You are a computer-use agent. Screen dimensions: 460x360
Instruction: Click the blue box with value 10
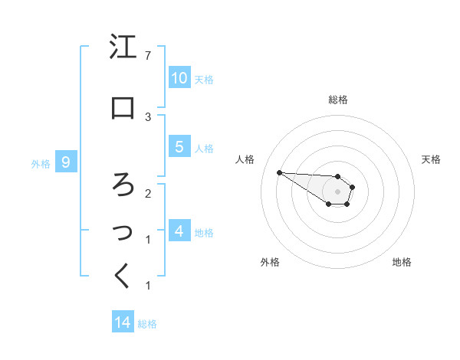click(179, 78)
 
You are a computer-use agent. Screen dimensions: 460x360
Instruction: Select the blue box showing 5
click(179, 147)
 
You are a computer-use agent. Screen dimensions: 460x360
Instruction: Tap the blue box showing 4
click(179, 231)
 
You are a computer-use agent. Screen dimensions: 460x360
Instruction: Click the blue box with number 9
click(66, 162)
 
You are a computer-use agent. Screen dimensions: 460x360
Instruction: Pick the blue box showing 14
click(123, 322)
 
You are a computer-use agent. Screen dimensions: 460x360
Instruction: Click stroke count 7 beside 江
click(147, 56)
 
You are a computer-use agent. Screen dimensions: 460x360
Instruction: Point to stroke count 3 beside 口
click(147, 116)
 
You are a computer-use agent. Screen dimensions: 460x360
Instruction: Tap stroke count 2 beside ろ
click(147, 193)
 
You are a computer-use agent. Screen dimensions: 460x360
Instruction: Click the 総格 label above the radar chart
click(338, 100)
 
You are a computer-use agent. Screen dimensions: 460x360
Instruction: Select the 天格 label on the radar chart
click(432, 159)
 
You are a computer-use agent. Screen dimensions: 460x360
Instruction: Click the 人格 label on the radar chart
click(245, 159)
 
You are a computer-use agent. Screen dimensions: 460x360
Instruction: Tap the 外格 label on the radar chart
click(269, 262)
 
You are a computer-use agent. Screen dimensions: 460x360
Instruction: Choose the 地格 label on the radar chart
click(402, 262)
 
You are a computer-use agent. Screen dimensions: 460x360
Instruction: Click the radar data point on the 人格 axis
click(279, 172)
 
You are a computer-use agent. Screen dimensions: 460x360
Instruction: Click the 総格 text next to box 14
click(147, 324)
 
